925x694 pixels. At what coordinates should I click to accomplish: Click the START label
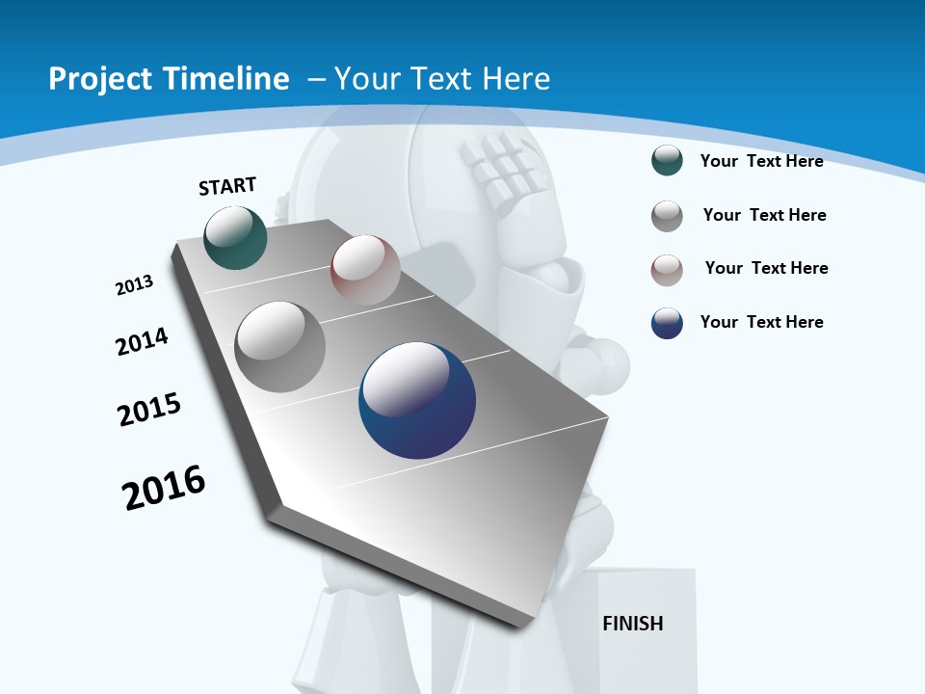(227, 186)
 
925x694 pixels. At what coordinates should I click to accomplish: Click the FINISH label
(633, 624)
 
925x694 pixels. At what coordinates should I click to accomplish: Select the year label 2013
(134, 285)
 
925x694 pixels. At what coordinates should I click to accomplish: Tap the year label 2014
(142, 341)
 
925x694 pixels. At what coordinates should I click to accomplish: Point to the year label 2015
(149, 409)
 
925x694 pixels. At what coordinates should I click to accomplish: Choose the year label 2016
(164, 487)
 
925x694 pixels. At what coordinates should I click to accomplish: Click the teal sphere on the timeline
(235, 238)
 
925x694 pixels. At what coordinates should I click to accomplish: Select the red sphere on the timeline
(365, 270)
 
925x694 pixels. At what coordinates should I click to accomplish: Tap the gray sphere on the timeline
(280, 347)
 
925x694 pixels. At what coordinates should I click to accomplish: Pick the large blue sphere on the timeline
(417, 400)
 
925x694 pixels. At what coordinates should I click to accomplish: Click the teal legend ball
(667, 161)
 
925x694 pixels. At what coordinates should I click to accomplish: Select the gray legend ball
(667, 216)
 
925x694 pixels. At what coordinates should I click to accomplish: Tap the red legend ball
(667, 270)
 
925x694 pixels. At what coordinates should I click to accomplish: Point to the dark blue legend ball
(667, 323)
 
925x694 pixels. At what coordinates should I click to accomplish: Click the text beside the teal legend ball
(761, 161)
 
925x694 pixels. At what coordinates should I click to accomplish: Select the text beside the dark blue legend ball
(761, 322)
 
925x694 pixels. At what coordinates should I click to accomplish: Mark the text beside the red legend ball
(766, 268)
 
